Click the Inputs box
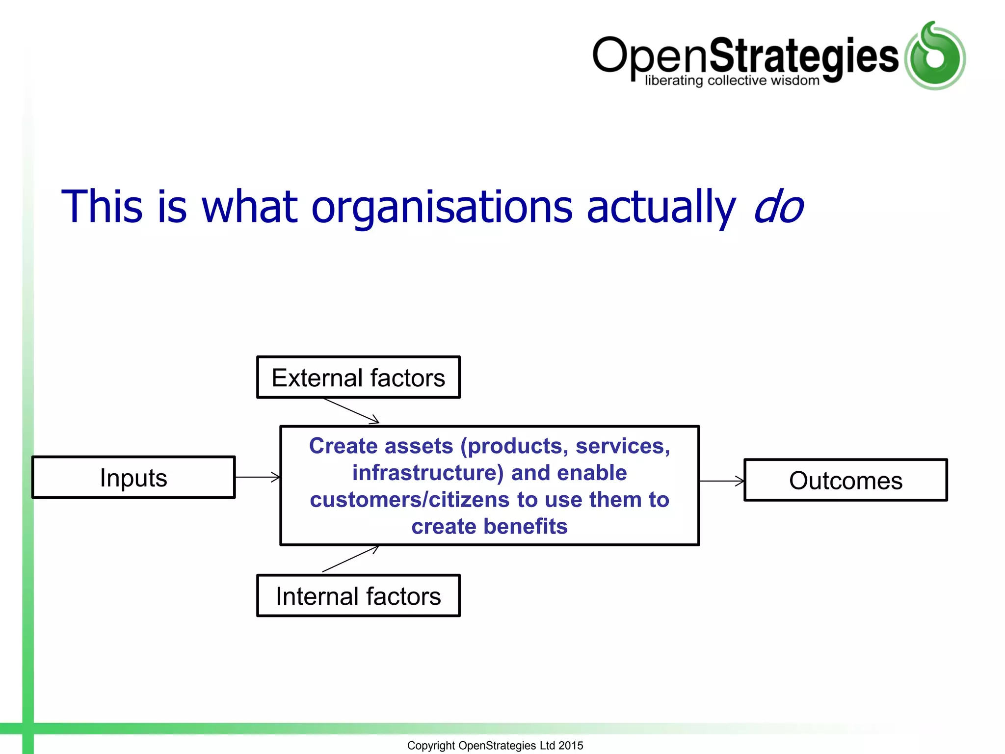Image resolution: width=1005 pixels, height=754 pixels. tap(133, 478)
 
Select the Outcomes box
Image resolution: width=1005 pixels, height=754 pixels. tap(846, 480)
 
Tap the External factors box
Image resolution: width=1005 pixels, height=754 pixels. tap(358, 377)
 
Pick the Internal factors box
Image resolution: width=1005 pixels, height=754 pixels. tap(358, 596)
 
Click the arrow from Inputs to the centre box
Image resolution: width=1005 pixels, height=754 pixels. tap(257, 477)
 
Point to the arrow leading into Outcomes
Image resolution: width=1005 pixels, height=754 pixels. tap(721, 481)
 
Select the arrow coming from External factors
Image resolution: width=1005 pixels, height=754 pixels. tap(351, 410)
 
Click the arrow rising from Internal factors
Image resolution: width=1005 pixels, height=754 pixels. tap(350, 559)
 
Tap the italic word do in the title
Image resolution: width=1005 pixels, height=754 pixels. tap(778, 207)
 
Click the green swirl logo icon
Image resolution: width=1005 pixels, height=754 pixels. tap(935, 56)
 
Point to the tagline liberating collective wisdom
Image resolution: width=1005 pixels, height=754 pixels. tap(732, 81)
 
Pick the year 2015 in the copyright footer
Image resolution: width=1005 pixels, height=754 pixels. tap(571, 745)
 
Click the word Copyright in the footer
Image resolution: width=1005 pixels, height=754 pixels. tap(431, 745)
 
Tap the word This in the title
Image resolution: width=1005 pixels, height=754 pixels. tap(102, 207)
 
